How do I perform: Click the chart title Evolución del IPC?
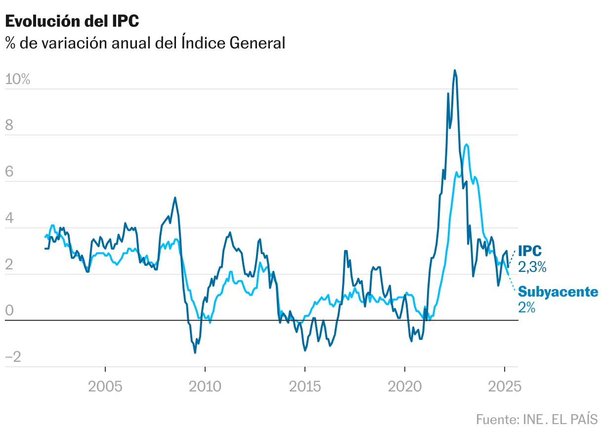tap(72, 21)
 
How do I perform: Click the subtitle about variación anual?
tap(145, 43)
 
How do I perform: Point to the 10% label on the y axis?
tap(18, 79)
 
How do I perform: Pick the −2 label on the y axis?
tap(13, 357)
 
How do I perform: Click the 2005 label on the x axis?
tap(105, 386)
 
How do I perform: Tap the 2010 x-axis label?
tap(205, 386)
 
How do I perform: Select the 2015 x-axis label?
tap(304, 386)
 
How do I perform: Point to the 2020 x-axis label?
tap(404, 386)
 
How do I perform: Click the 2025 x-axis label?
tap(504, 386)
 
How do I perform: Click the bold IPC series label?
tap(529, 251)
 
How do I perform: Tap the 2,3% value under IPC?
tap(532, 267)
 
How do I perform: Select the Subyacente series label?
tap(558, 292)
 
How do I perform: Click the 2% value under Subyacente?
tap(527, 307)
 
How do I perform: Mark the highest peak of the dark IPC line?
tap(455, 70)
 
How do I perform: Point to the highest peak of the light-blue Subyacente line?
tap(467, 144)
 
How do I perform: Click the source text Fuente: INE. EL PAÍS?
tap(537, 419)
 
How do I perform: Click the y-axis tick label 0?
tap(9, 311)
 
